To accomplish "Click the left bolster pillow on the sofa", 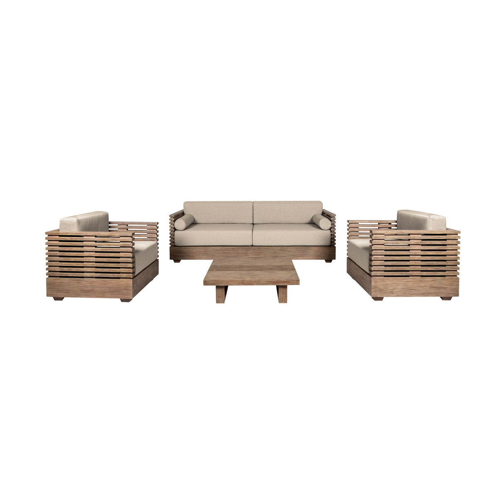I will point(183,222).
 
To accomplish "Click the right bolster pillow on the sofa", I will point(322,222).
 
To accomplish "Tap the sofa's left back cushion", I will point(218,212).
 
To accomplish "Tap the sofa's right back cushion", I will point(288,212).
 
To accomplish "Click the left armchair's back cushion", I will point(84,221).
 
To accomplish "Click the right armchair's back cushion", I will point(421,220).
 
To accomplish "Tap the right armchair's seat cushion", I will point(359,253).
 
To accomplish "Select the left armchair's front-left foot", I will point(59,298).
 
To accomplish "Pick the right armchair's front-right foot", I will point(446,298).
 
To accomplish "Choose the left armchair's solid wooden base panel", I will point(89,288).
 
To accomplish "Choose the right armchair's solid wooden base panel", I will point(415,286).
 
